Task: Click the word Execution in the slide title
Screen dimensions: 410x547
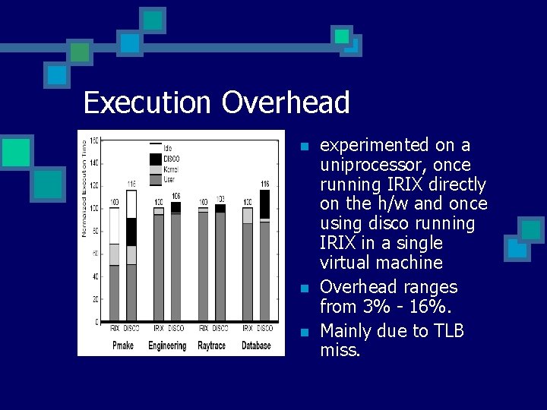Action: tap(148, 102)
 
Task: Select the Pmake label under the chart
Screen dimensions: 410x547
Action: tap(123, 345)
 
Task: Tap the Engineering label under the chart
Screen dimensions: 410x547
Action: tap(167, 345)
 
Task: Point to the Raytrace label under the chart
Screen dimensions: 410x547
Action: tap(212, 345)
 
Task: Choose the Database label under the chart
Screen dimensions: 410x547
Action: tap(256, 345)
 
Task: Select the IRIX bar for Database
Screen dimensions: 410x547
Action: tap(248, 266)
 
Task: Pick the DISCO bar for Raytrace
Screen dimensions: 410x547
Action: tap(220, 266)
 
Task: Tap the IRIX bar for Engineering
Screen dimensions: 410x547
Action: tap(159, 266)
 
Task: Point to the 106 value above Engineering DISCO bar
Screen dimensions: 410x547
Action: tap(175, 196)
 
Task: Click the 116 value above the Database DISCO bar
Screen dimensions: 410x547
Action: tap(265, 184)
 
